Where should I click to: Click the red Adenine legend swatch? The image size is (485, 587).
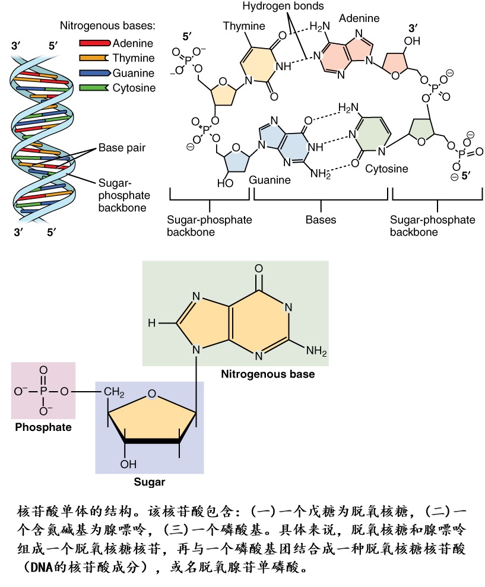click(94, 43)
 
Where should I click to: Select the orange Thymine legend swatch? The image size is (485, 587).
click(94, 58)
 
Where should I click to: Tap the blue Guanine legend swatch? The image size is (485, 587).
click(94, 73)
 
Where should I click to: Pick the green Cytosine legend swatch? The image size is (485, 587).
click(94, 88)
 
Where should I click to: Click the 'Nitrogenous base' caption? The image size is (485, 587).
click(268, 375)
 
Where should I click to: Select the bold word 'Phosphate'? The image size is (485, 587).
click(43, 427)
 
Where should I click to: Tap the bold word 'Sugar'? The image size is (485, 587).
click(149, 482)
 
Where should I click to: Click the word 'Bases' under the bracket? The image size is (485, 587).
click(321, 220)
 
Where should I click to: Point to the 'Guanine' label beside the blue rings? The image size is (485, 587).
click(270, 179)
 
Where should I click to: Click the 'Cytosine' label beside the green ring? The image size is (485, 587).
click(386, 169)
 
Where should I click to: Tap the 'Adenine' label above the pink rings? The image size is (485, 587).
click(359, 18)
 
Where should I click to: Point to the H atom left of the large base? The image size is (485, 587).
click(152, 323)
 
